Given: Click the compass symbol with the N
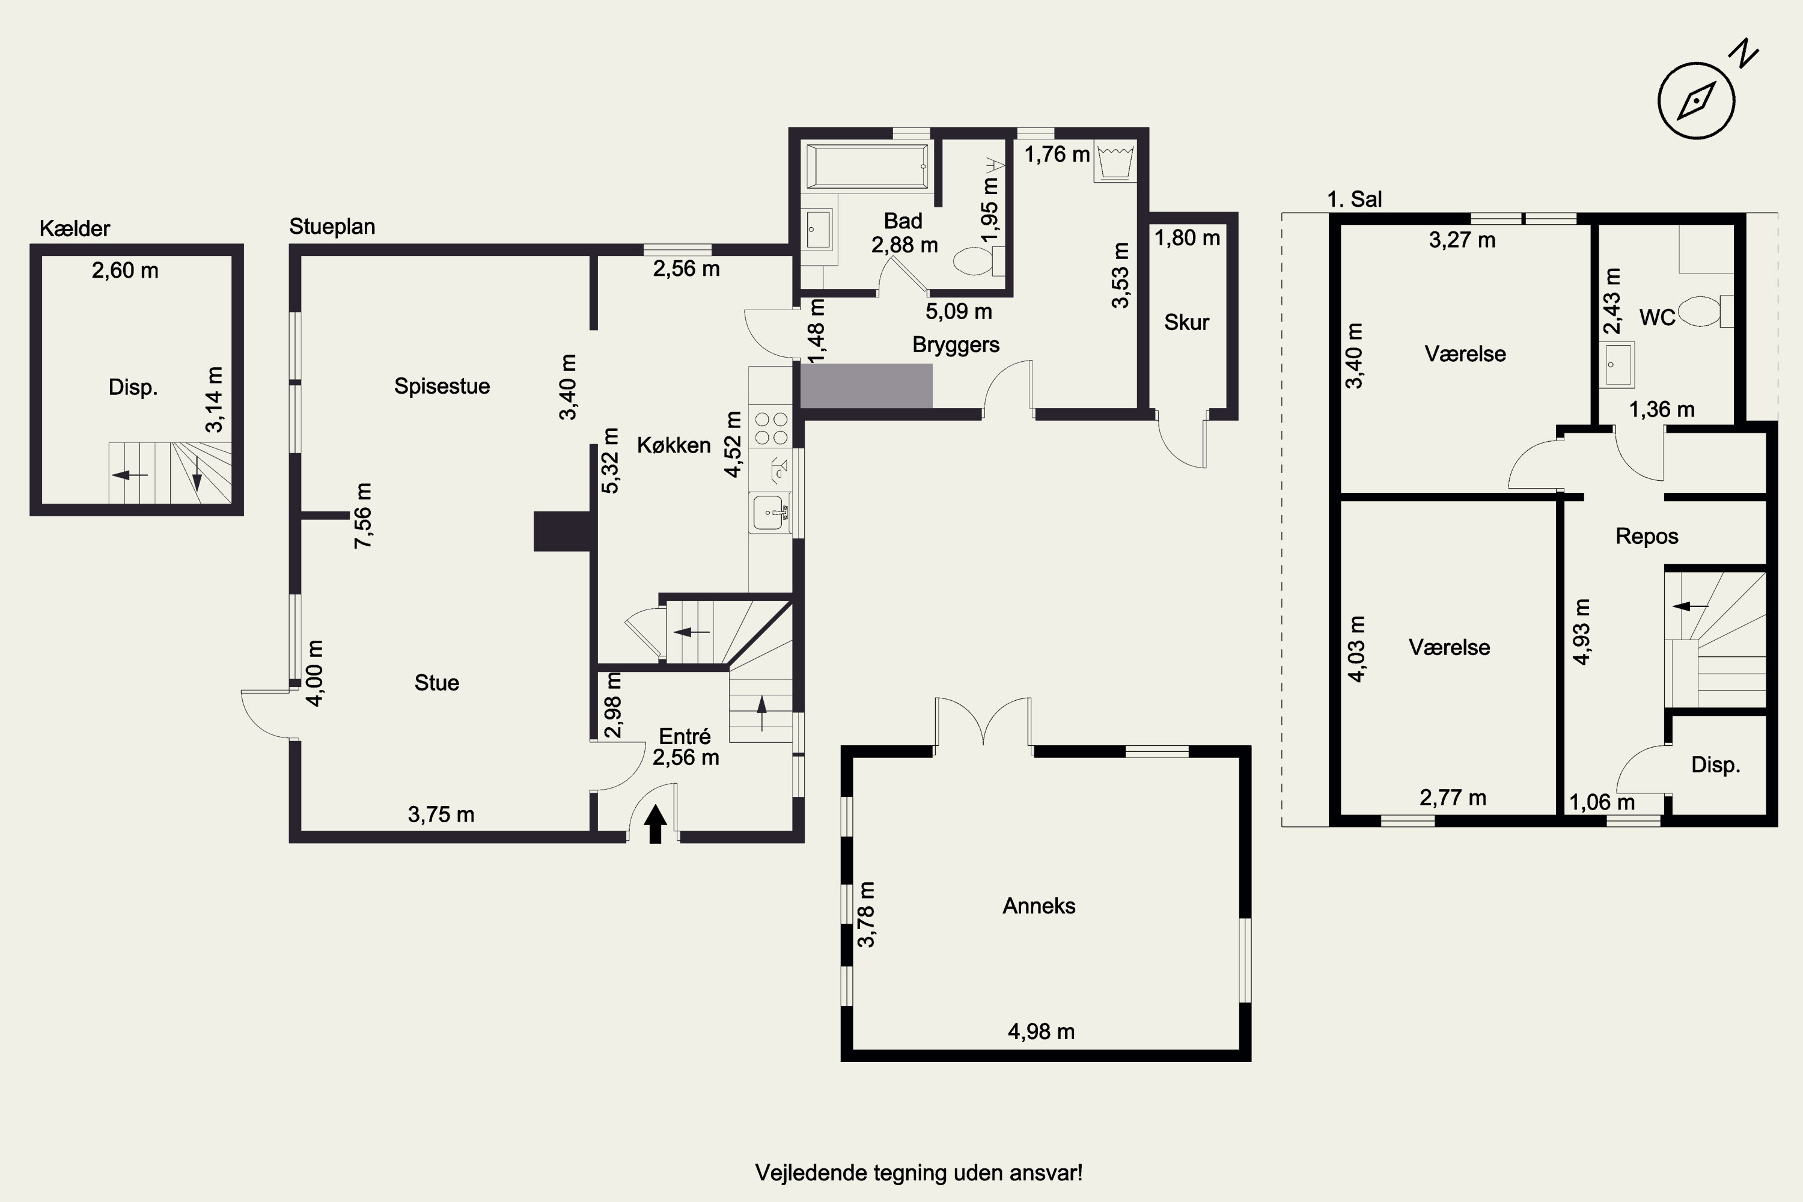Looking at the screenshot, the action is point(1697,100).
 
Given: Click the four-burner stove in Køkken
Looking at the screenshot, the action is point(770,429).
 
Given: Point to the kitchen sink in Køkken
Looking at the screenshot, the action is point(770,512).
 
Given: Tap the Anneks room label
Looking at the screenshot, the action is point(1039,906).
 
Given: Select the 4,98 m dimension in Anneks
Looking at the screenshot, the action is point(1041,1032).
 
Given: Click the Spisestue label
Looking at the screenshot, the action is point(442,386).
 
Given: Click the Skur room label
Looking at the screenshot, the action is point(1186,322).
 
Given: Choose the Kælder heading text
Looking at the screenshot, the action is point(75,228).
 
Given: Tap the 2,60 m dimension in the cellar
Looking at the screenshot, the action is point(125,270).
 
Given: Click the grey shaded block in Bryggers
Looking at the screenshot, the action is point(866,386).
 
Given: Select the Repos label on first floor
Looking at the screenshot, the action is point(1647,536).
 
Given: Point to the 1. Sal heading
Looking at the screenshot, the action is point(1355,200).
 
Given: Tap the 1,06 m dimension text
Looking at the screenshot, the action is point(1602,802).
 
